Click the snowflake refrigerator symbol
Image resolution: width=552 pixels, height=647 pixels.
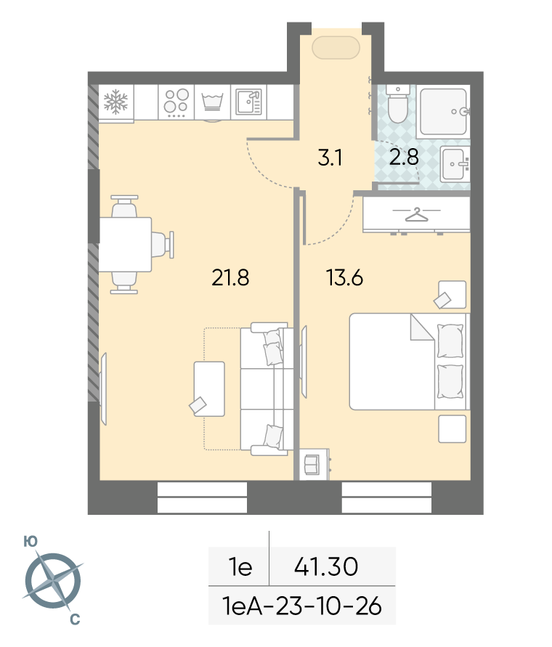click(115, 102)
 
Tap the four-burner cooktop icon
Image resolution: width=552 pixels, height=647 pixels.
click(176, 102)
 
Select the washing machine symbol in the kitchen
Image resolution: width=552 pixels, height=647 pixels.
click(212, 102)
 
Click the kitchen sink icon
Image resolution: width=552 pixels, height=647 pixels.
click(248, 102)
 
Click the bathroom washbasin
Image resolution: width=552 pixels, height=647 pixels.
click(455, 164)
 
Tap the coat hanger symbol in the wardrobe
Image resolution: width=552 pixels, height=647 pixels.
click(416, 214)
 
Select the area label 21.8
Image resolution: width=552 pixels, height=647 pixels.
click(230, 277)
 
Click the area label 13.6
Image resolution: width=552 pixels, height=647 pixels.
click(344, 277)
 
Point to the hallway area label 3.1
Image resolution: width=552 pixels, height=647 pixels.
click(330, 158)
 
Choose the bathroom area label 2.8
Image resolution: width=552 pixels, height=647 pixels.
click(404, 157)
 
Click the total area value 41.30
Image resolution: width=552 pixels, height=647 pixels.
click(326, 566)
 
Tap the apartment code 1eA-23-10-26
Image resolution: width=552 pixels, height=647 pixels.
click(302, 606)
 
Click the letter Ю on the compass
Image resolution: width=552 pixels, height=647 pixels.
click(31, 542)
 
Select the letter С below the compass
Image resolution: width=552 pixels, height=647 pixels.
click(75, 619)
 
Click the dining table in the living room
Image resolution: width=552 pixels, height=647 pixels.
click(126, 245)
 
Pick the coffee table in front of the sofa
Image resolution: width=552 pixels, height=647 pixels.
click(209, 389)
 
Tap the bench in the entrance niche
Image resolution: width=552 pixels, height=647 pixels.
click(336, 48)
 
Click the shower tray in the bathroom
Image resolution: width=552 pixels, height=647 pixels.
click(444, 111)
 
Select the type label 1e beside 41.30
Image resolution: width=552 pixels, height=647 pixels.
click(240, 567)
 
